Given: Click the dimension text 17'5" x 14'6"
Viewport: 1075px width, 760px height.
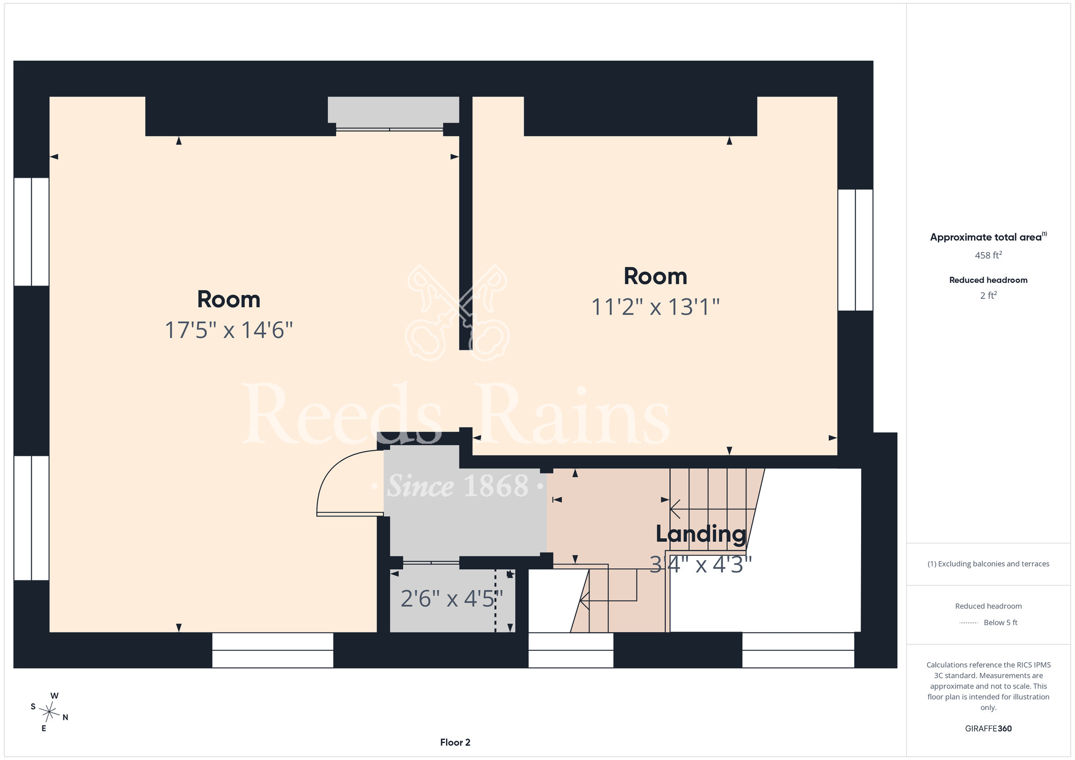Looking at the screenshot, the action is click(x=229, y=330).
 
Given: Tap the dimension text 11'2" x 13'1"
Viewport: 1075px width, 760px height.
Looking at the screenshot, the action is click(x=656, y=307).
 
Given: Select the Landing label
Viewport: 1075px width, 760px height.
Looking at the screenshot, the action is click(x=701, y=534).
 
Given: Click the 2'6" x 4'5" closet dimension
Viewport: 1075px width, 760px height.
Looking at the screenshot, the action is click(x=452, y=599).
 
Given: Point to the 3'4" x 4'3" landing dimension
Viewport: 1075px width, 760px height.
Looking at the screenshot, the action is click(x=701, y=564).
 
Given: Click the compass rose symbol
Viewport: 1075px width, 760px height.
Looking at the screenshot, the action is click(x=49, y=713).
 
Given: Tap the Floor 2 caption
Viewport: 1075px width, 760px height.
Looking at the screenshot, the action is click(x=455, y=742).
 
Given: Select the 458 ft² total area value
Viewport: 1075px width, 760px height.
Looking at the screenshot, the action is click(x=988, y=255).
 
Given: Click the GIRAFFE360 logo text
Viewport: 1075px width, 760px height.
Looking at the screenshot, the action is click(x=988, y=729).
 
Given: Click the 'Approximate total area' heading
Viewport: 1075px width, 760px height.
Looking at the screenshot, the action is click(x=988, y=237).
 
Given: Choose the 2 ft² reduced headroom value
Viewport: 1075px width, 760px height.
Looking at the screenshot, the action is click(x=988, y=296).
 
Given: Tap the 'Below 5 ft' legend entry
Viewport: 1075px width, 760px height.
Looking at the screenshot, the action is click(x=1000, y=622).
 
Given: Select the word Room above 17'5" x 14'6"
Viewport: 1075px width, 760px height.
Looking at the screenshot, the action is click(x=229, y=299).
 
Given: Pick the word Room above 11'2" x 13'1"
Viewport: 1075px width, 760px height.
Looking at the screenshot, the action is click(x=656, y=276).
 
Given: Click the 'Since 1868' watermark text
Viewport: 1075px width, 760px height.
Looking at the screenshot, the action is click(x=458, y=486).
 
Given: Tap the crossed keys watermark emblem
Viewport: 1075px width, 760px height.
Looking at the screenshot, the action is click(x=458, y=312).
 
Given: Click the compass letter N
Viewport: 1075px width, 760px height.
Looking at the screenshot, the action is click(x=66, y=717).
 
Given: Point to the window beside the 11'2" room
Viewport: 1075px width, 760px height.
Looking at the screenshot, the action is click(x=855, y=250).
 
